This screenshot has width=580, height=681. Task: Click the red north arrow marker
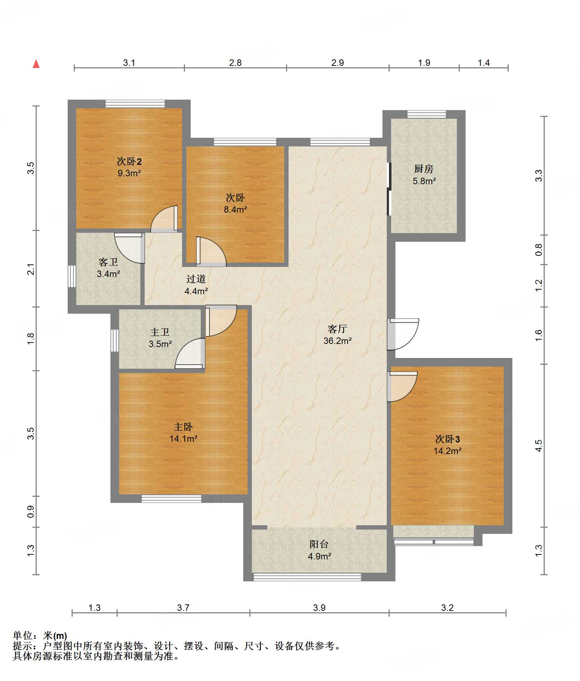[x=36, y=64]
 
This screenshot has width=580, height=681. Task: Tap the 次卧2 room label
[x=129, y=162]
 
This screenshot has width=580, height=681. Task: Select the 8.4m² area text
[x=235, y=209]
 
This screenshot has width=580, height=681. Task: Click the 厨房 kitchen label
[x=423, y=169]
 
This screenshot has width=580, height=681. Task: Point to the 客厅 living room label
[x=337, y=329]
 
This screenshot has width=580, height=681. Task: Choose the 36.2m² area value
[x=337, y=341]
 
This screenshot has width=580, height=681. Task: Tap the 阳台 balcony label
[x=319, y=544]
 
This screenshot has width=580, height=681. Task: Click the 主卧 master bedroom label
[x=183, y=427]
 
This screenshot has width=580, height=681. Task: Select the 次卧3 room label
[x=448, y=439]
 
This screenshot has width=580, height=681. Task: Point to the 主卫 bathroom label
[x=160, y=332]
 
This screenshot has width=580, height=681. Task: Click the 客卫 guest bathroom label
[x=108, y=262]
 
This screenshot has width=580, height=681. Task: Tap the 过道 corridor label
[x=196, y=279]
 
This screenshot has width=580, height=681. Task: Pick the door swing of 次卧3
[x=402, y=387]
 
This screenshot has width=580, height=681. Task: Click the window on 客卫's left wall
[x=72, y=276]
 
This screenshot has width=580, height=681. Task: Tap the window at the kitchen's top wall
[x=427, y=114]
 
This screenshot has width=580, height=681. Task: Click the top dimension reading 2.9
[x=337, y=63]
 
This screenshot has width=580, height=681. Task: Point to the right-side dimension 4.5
[x=538, y=446]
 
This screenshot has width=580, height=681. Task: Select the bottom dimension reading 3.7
[x=183, y=608]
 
